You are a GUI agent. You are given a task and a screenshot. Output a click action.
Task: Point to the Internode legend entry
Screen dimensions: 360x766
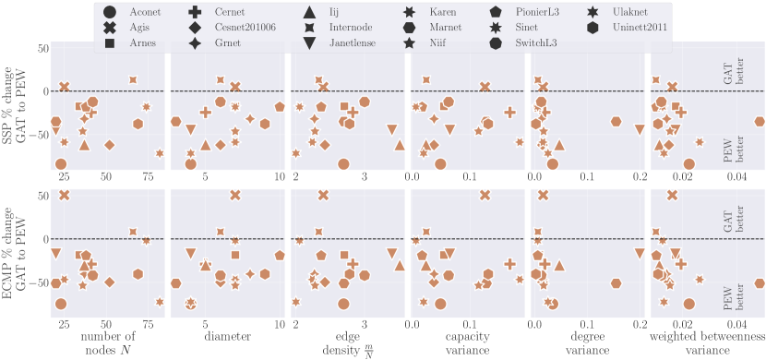pyautogui.click(x=352, y=28)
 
